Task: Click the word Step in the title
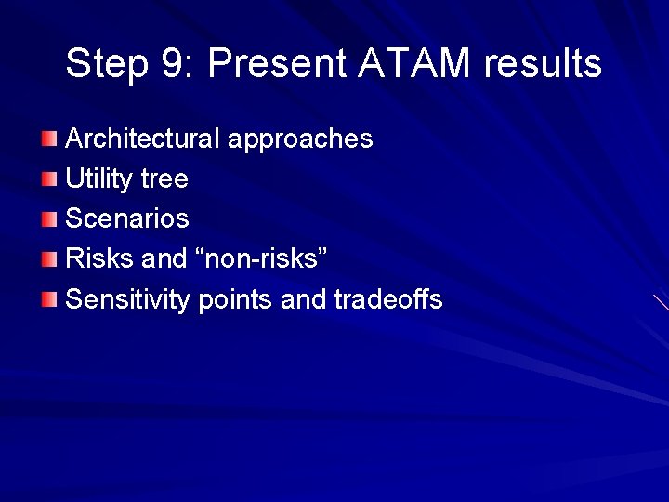click(x=101, y=64)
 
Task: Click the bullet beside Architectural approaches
click(x=49, y=139)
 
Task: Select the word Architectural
click(x=143, y=139)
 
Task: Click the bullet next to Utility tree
click(x=49, y=179)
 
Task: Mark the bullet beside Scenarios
click(x=49, y=219)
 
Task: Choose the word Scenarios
click(x=127, y=219)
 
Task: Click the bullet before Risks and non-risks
click(x=49, y=259)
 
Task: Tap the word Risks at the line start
click(x=98, y=259)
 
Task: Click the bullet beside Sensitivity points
click(x=49, y=299)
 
